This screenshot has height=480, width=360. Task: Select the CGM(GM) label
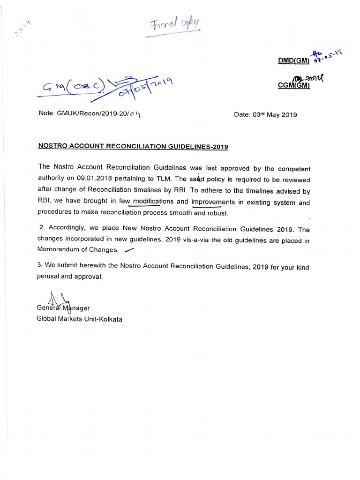pos(294,86)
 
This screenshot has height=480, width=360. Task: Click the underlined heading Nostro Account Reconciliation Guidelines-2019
pos(133,146)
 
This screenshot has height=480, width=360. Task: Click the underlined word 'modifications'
pos(153,202)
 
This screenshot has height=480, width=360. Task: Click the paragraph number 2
pos(41,229)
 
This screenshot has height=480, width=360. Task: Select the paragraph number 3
pos(39,265)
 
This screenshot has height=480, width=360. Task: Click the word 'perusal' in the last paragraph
pos(48,277)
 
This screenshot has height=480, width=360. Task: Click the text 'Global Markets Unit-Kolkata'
pos(79,319)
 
